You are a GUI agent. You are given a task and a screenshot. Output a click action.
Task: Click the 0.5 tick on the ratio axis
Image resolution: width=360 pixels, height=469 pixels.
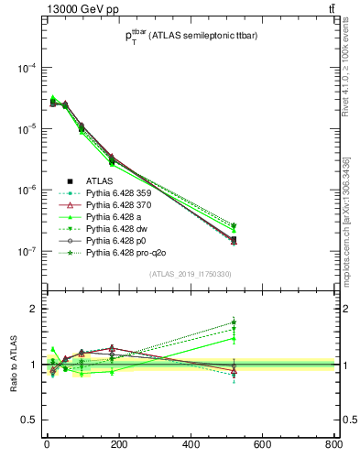pyautogui.click(x=31, y=420)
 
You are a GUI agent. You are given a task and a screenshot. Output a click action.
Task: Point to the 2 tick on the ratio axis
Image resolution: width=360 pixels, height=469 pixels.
pyautogui.click(x=36, y=309)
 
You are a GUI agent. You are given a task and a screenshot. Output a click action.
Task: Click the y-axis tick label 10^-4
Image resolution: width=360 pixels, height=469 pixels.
pyautogui.click(x=27, y=69)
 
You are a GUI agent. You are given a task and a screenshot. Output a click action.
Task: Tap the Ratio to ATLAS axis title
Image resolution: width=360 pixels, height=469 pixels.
pyautogui.click(x=13, y=364)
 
